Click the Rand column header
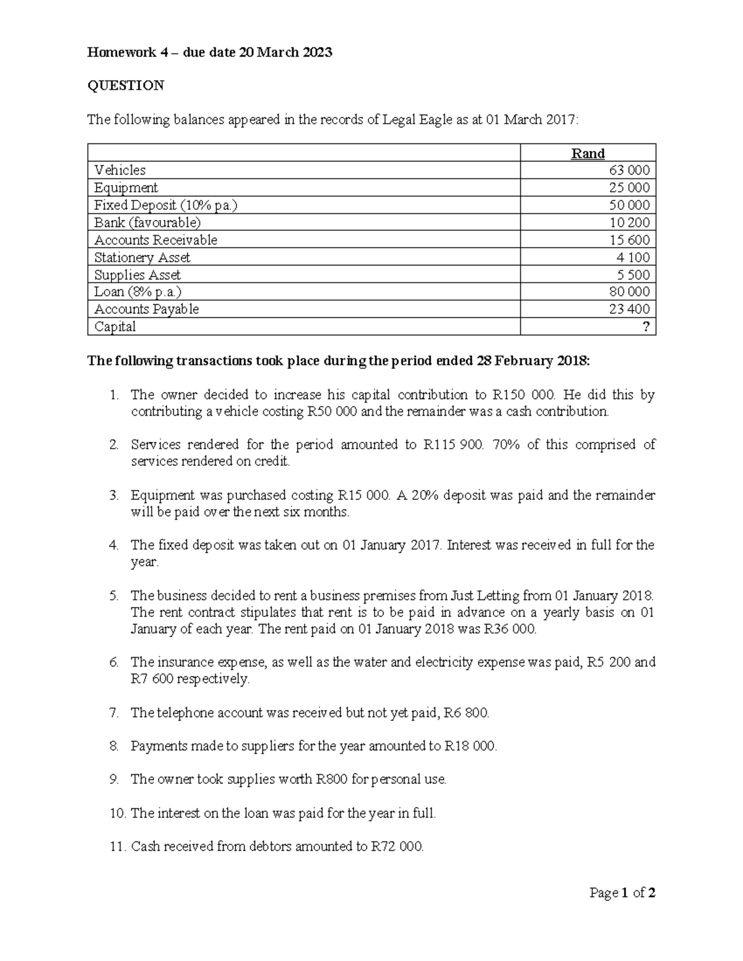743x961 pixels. (588, 153)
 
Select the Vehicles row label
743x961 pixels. (120, 170)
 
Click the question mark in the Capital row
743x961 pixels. (646, 327)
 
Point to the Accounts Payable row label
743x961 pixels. (146, 309)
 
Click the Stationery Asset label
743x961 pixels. (142, 257)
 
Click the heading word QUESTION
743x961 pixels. (126, 85)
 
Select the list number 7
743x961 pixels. (113, 713)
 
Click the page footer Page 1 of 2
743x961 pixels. (622, 893)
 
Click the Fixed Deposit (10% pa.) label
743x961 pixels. (165, 205)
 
